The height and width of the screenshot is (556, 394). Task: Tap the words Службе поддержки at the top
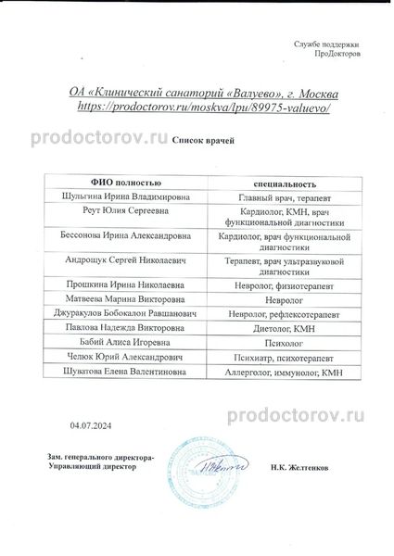pyautogui.click(x=325, y=44)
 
